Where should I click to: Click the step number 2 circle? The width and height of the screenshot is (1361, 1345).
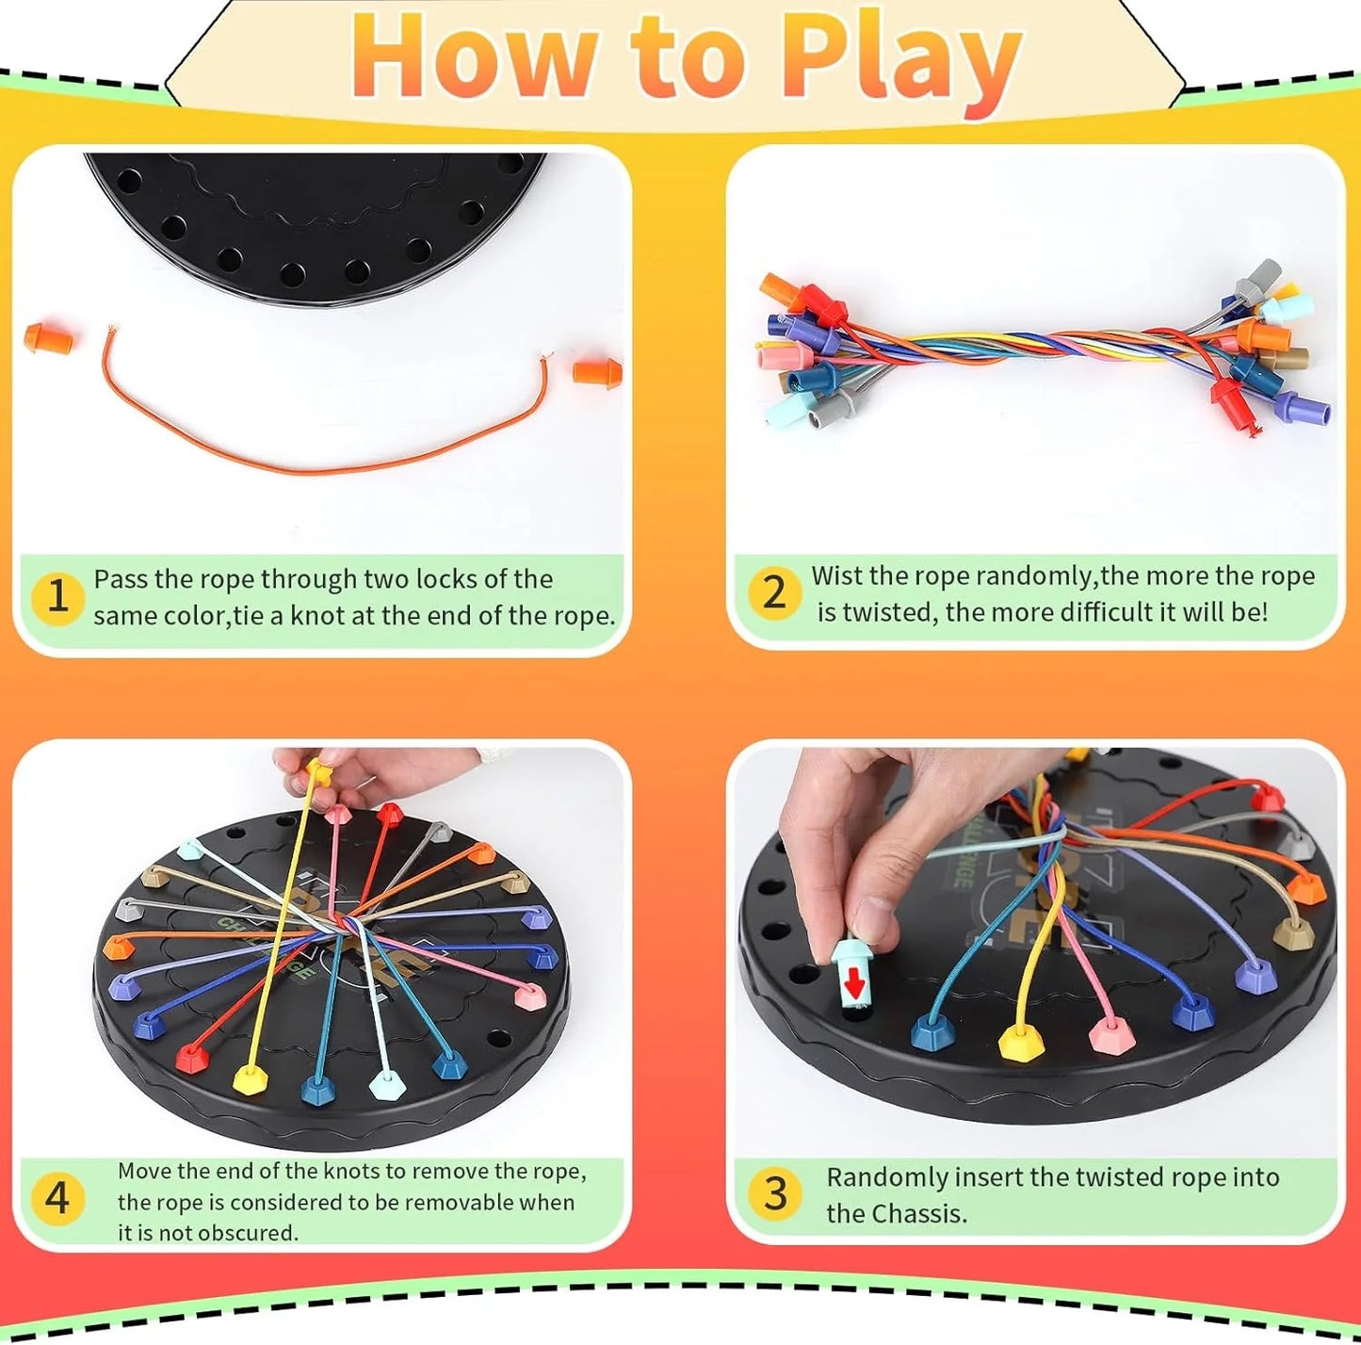[773, 592]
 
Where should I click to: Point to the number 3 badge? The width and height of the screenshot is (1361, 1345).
[774, 1193]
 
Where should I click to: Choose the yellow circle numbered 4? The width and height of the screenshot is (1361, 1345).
[57, 1198]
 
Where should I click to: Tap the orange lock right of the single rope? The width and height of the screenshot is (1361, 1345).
[598, 370]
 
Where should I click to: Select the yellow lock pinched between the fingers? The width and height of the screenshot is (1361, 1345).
[319, 773]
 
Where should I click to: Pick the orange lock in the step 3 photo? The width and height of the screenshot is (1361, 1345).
[1304, 886]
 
